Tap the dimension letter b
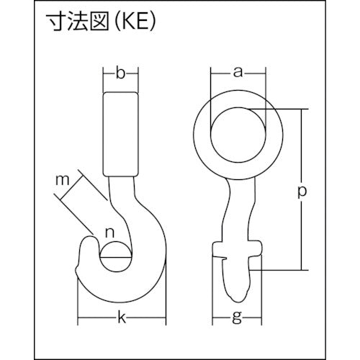[121, 72]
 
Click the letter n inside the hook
[109, 232]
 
